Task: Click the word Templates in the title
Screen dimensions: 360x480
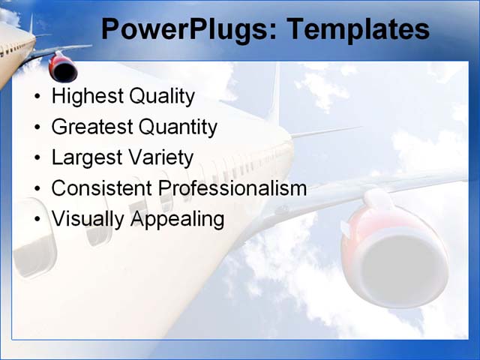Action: [358, 30]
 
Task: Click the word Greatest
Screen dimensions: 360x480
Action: [92, 127]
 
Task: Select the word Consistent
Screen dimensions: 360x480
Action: [103, 188]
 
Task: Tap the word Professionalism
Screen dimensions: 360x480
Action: [233, 188]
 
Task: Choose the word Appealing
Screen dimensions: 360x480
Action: [178, 219]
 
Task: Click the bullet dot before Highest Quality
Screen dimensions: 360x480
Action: [37, 97]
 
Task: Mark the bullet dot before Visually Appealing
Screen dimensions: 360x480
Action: [37, 220]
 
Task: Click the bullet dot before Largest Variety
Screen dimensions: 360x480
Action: [37, 159]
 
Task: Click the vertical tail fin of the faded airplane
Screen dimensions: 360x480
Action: [275, 94]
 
